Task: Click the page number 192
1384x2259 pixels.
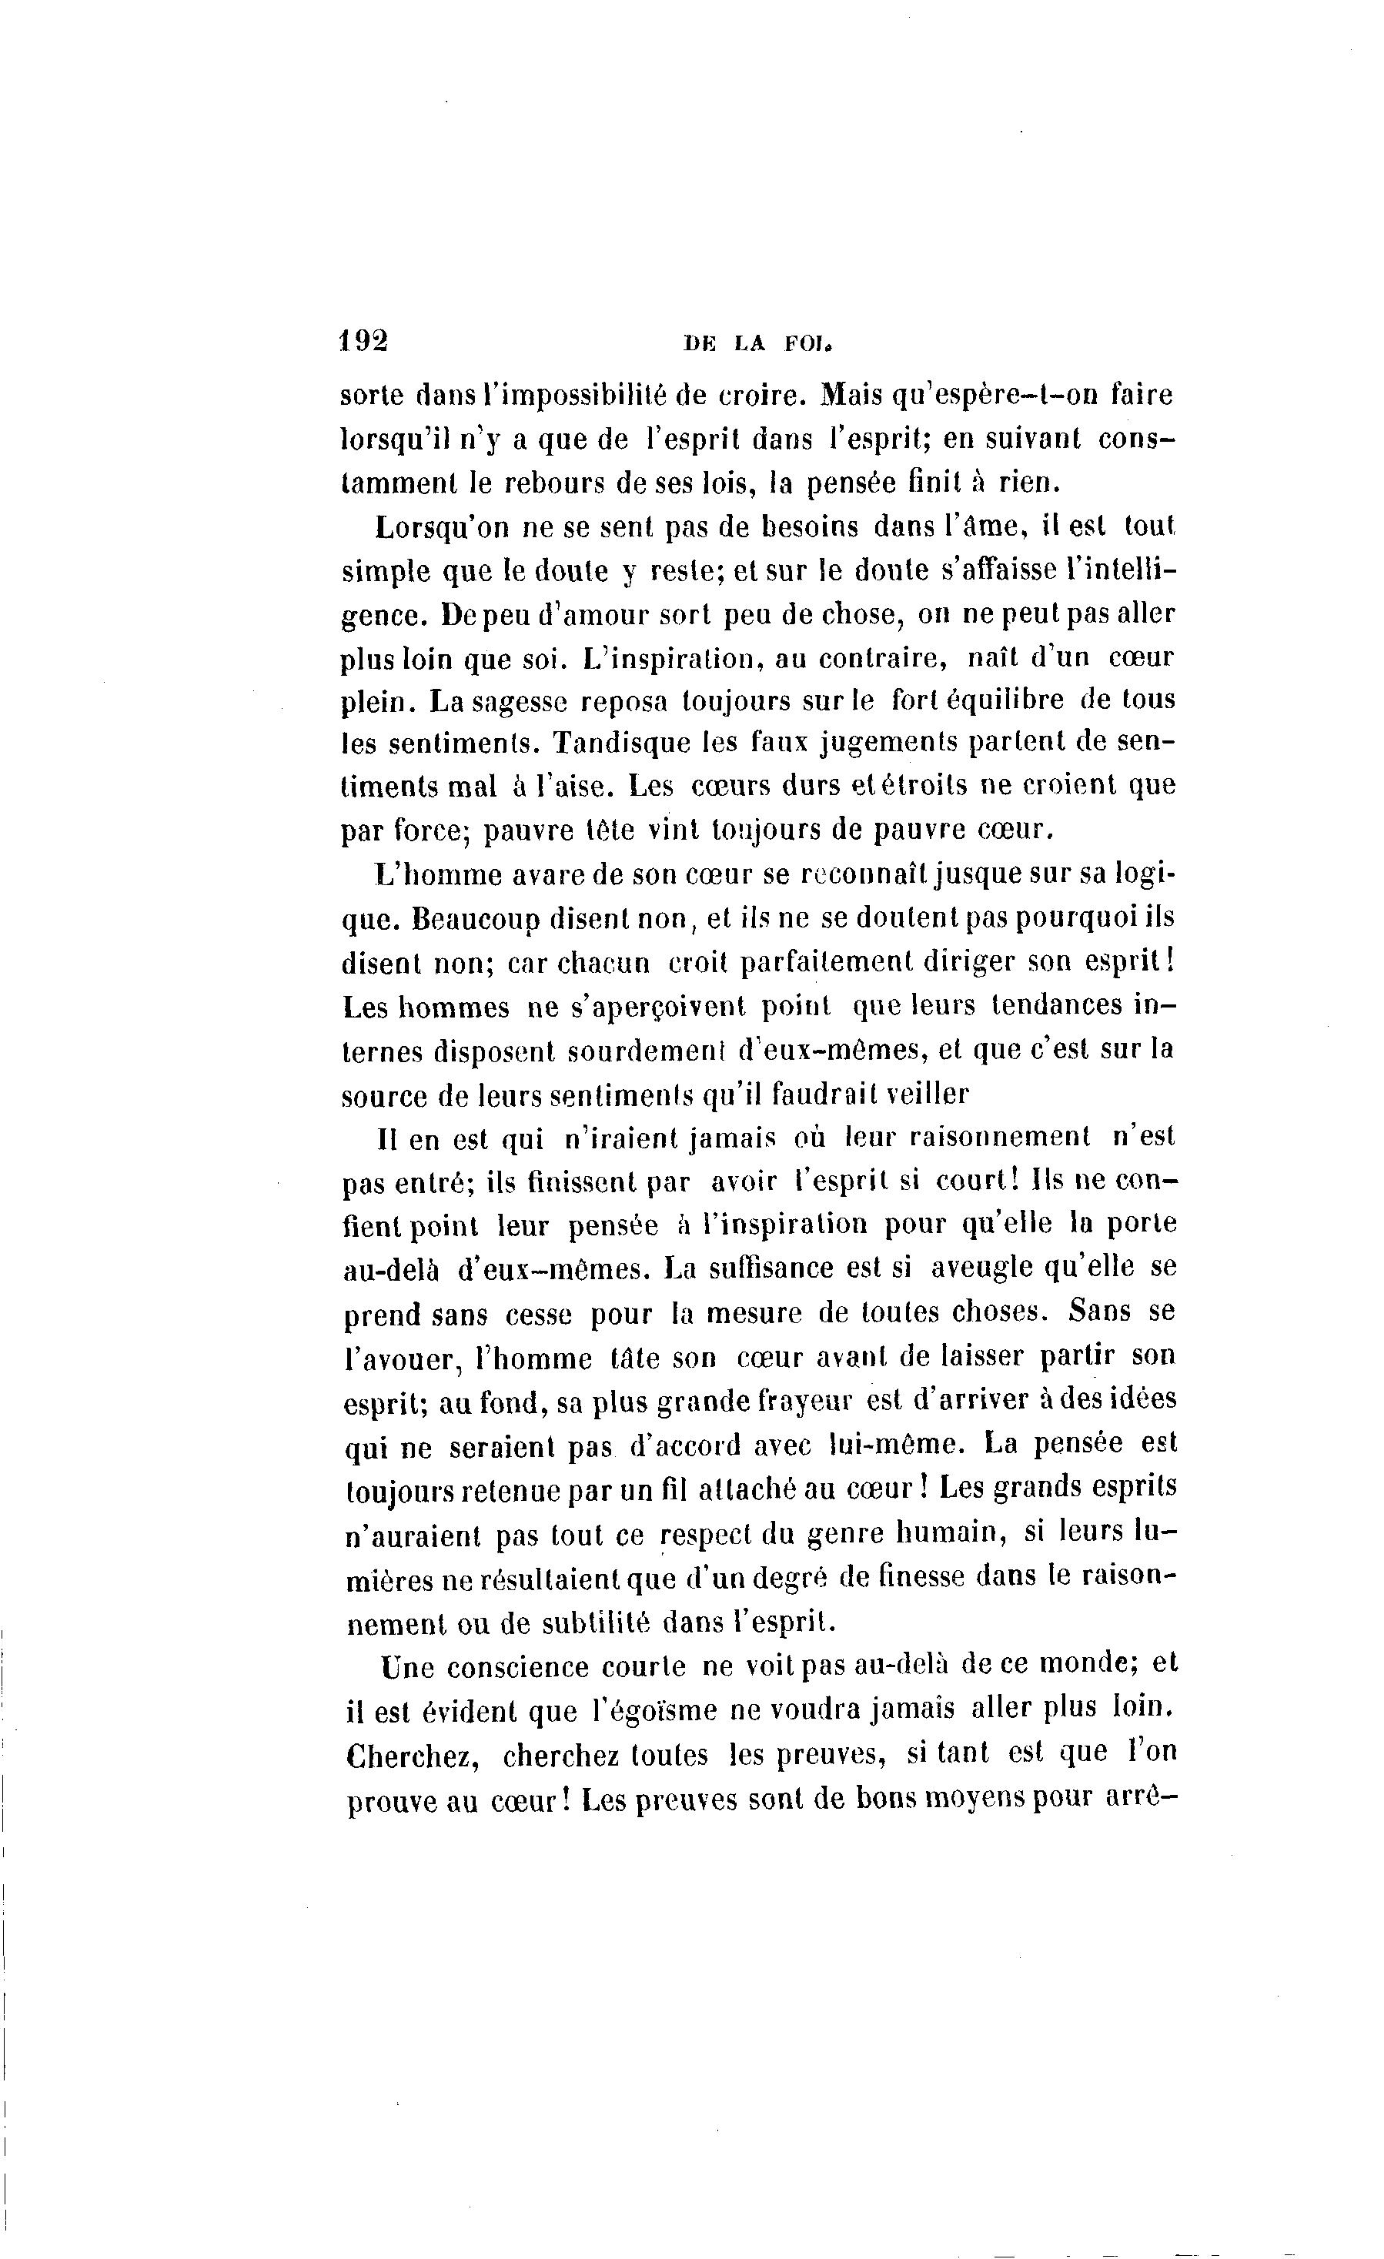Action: point(364,340)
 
